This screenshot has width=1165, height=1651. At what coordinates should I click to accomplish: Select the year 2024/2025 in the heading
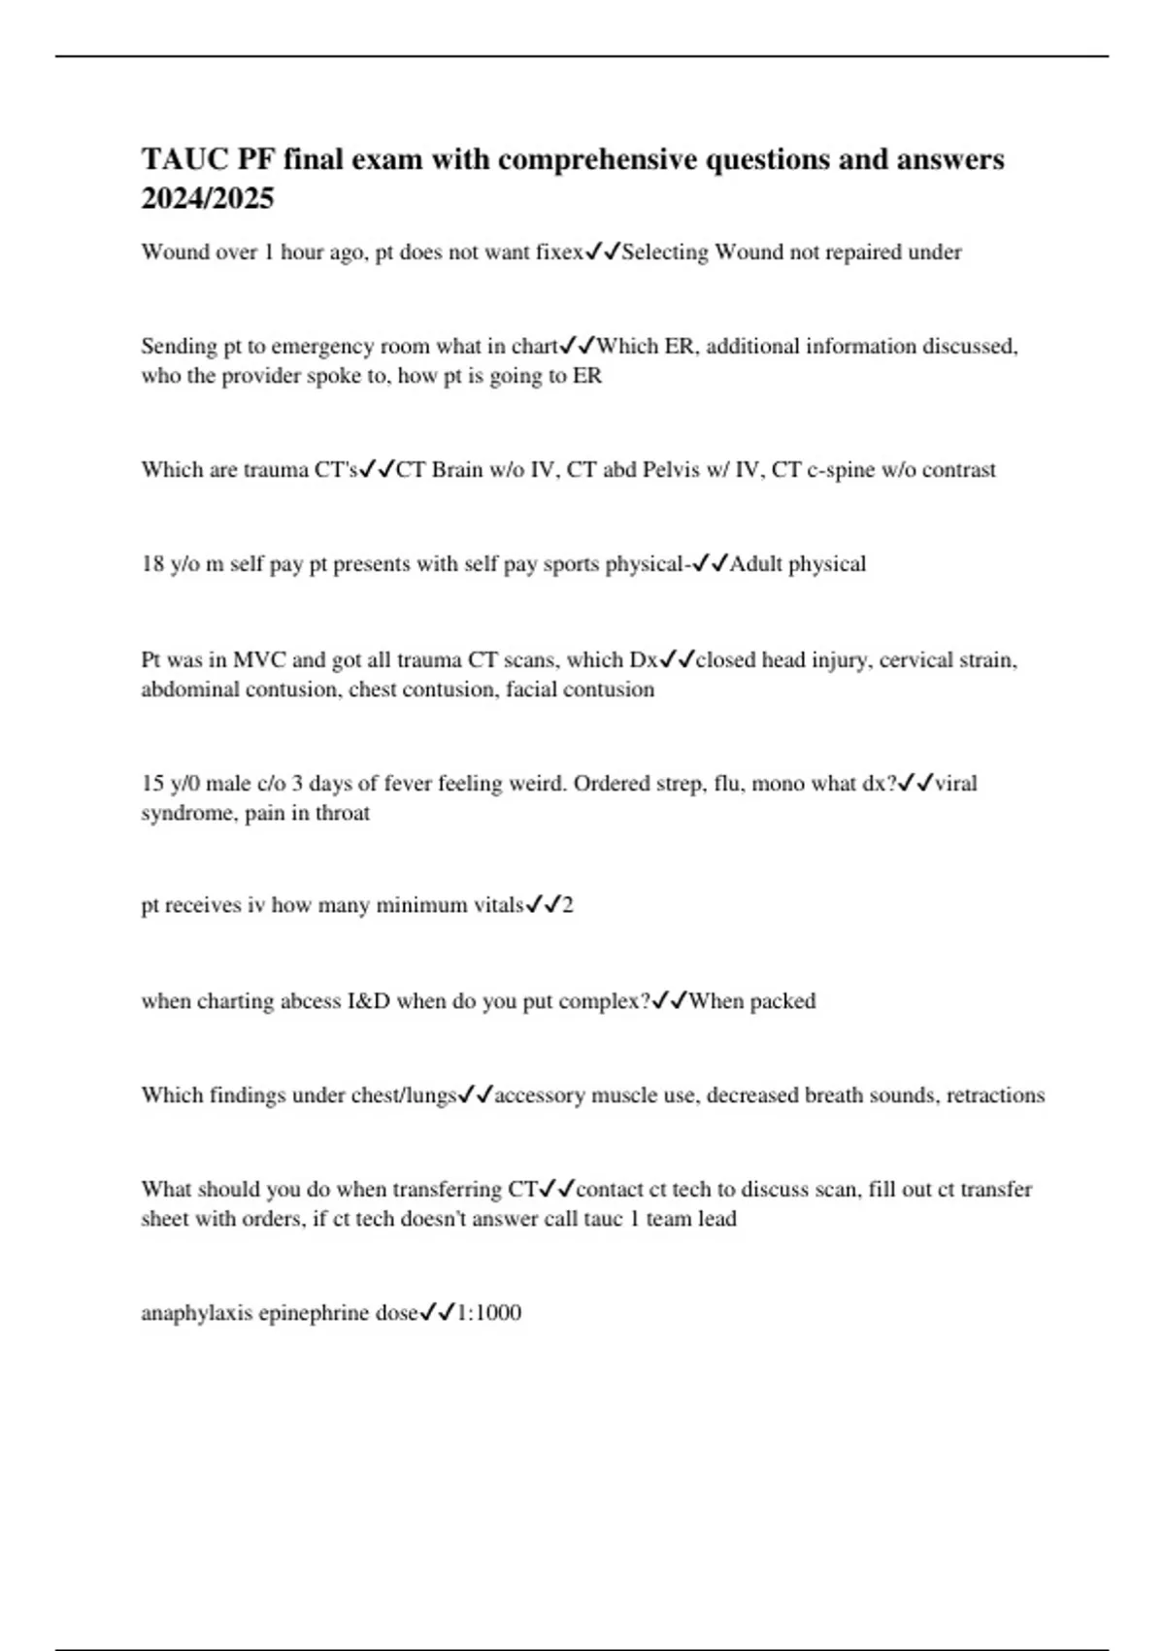[208, 198]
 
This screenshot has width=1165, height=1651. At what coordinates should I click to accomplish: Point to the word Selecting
[665, 253]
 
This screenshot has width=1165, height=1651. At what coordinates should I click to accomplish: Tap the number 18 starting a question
[152, 564]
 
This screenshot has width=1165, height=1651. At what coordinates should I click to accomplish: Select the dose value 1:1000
[489, 1314]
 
